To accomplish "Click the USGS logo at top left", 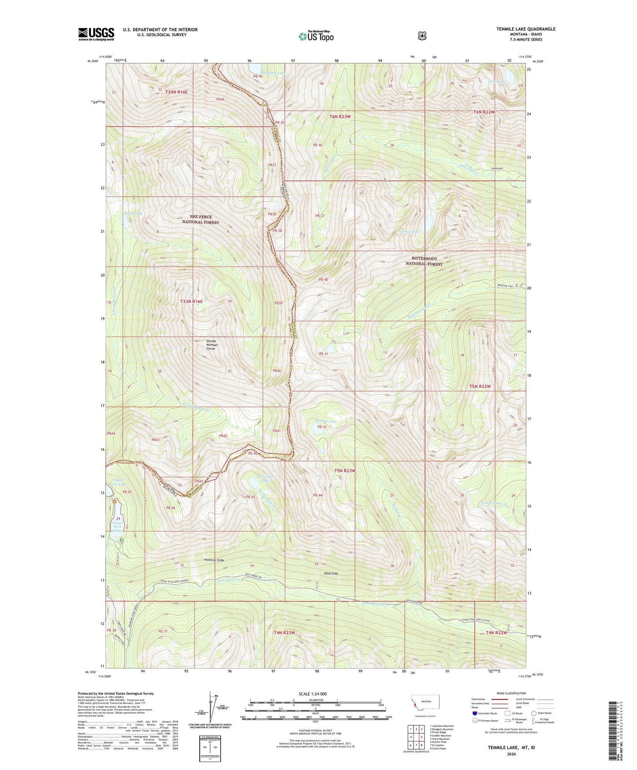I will (96, 34).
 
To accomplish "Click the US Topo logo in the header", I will (315, 36).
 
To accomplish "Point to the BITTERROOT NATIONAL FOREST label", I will (424, 261).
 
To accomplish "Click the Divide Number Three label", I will (211, 345).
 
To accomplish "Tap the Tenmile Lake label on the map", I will (326, 421).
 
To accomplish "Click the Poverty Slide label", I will (214, 560).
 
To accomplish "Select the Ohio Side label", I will (331, 573).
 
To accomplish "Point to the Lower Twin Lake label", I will (117, 526).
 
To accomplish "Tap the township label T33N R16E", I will (192, 302).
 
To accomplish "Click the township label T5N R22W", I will (480, 386).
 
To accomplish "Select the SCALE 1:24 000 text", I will (313, 694).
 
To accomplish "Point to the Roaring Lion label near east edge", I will (504, 286).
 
